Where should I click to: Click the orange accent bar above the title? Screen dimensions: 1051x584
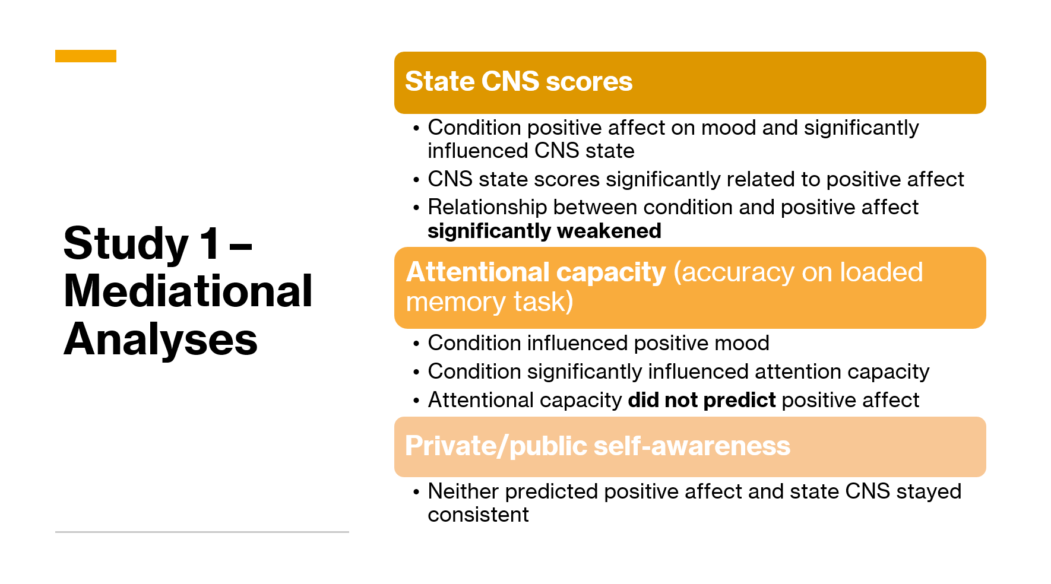tap(86, 56)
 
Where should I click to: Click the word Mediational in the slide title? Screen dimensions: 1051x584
tap(188, 291)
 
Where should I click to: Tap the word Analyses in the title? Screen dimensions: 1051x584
tap(160, 340)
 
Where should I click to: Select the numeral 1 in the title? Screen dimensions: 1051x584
tap(210, 243)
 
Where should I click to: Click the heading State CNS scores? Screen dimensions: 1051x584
tap(518, 81)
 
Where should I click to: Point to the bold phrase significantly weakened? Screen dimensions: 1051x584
tap(545, 231)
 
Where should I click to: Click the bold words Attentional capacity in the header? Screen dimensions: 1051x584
tap(536, 272)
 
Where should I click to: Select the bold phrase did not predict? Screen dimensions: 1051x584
tap(702, 400)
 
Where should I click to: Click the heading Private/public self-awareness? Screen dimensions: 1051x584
tap(597, 446)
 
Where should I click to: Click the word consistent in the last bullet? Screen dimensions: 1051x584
tap(478, 515)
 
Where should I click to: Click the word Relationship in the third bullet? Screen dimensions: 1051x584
tap(487, 208)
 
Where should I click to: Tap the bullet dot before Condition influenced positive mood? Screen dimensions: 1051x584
tap(416, 344)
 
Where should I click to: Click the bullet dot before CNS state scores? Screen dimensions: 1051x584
tap(416, 180)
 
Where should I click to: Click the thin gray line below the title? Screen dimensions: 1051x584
tap(202, 532)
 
